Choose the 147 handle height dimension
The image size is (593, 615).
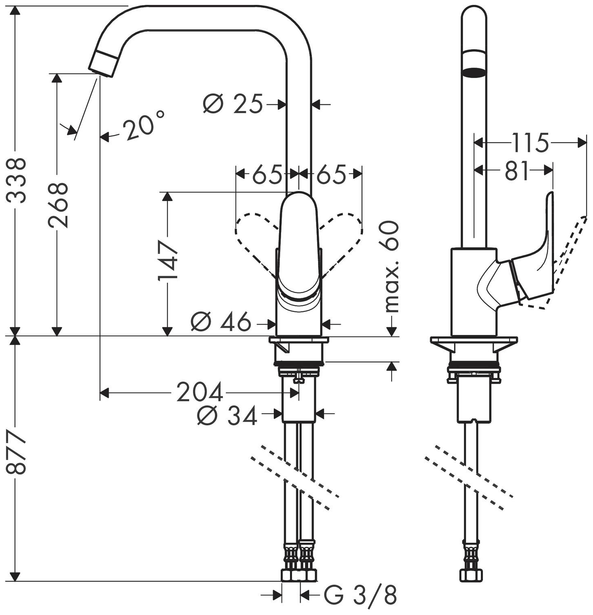pos(168,260)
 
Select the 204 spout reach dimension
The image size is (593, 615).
pos(200,392)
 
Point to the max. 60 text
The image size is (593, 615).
pos(392,266)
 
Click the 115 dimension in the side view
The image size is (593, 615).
pos(529,142)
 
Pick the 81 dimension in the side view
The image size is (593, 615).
pos(517,171)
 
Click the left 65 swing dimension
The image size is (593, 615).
pos(267,175)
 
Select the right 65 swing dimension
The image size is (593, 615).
pos(331,175)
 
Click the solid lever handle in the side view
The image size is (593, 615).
pos(536,264)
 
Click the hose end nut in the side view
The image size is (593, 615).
pos(471,574)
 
